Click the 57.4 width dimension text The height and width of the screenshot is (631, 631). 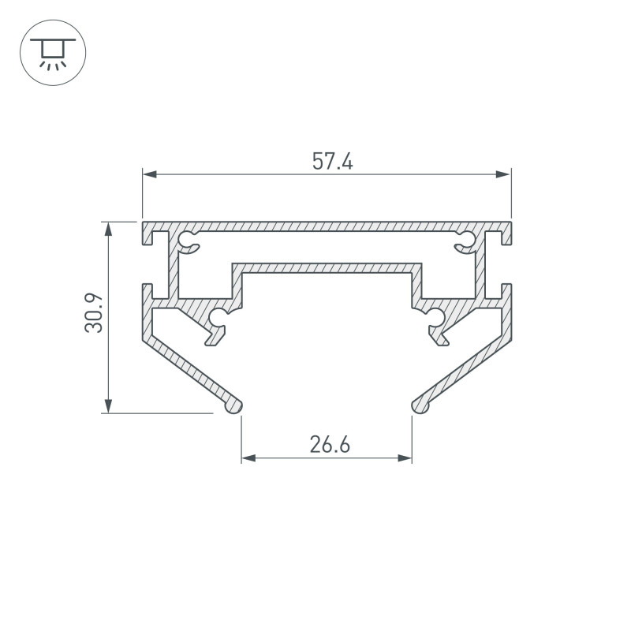(332, 161)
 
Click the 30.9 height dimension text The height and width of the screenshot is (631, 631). (94, 313)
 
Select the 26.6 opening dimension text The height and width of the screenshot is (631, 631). (330, 445)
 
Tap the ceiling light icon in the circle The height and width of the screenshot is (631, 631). (53, 53)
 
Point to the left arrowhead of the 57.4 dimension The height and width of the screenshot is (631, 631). (150, 174)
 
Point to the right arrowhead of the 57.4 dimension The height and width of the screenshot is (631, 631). (504, 174)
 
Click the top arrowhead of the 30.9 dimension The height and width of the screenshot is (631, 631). (108, 229)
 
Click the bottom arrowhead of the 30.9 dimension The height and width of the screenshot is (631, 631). (108, 405)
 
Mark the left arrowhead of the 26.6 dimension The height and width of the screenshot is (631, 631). (248, 458)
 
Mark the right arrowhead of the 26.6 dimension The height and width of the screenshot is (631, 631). (405, 458)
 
